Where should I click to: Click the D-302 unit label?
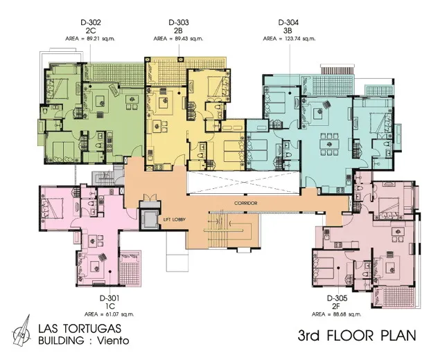coord(91,22)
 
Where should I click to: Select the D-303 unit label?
coord(179,22)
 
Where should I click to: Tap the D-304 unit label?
coord(288,22)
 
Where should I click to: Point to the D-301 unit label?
coord(109,298)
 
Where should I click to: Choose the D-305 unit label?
coord(337,298)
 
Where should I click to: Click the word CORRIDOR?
coord(246,204)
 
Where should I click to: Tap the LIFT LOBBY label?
coord(175,219)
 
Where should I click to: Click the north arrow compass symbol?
coord(22,330)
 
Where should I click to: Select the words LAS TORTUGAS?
coord(80,328)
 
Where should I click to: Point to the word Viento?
coord(112,341)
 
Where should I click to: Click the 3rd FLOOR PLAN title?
coord(357,336)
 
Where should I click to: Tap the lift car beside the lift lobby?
coord(150,219)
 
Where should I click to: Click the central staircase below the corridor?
coord(230,230)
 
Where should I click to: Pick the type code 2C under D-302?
coord(91,30)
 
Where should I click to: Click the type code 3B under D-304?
coord(288,30)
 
